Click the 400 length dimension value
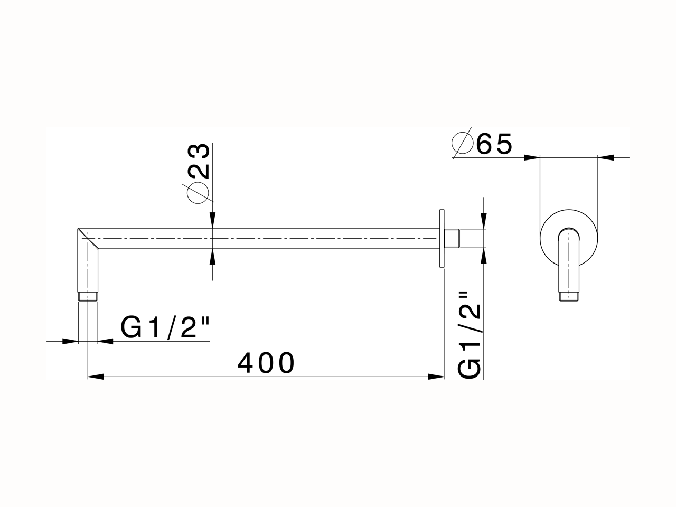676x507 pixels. [x=266, y=363]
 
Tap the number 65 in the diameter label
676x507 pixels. [x=494, y=144]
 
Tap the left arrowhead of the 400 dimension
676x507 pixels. [x=95, y=377]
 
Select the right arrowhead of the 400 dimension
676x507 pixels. [x=436, y=377]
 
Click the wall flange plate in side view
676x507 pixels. [x=441, y=239]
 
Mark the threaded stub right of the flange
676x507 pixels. [x=452, y=238]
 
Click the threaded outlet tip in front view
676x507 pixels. [x=569, y=297]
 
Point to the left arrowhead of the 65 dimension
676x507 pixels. [x=532, y=157]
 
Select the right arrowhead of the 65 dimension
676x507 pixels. [x=606, y=157]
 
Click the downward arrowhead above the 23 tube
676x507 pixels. [x=212, y=221]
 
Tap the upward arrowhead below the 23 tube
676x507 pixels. [x=212, y=256]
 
